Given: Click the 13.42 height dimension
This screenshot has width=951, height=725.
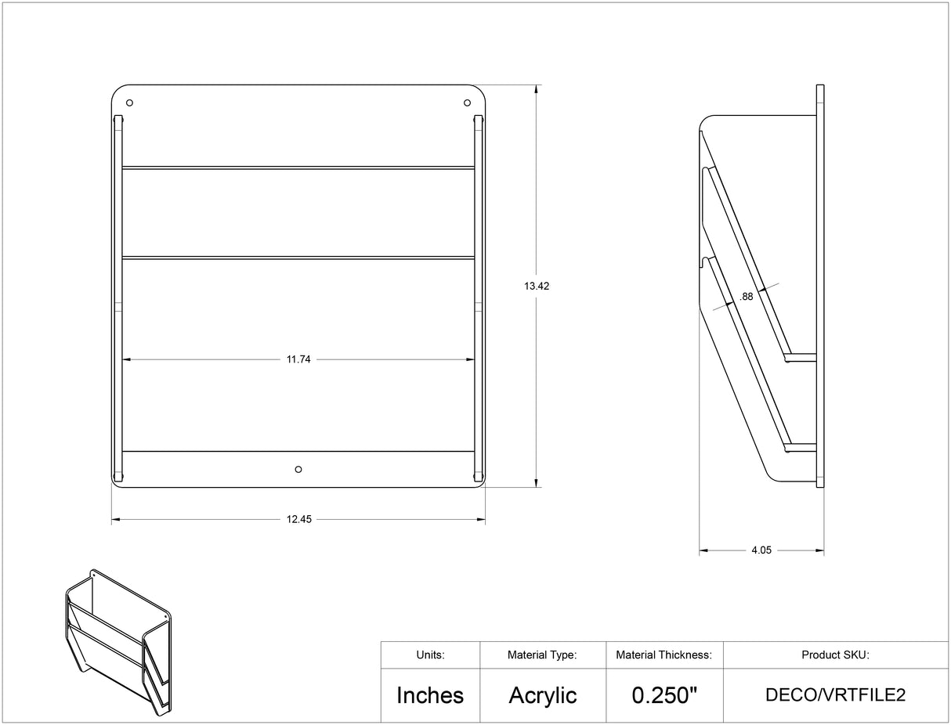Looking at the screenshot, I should click(537, 287).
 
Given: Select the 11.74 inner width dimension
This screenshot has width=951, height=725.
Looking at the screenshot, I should click(298, 359).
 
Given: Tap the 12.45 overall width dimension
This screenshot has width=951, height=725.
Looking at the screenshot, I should click(298, 519).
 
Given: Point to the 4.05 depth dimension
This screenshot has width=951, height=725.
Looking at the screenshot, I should click(761, 550).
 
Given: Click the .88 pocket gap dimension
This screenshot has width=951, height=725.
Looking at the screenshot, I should click(747, 297).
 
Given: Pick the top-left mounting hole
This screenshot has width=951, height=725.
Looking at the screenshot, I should click(129, 103).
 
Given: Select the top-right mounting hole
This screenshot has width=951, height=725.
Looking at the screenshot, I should click(467, 103).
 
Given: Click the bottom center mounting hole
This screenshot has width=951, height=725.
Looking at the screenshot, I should click(298, 469).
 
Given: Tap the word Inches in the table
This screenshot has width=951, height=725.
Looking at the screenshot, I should click(430, 695).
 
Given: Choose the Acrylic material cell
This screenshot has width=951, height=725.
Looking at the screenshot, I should click(543, 695).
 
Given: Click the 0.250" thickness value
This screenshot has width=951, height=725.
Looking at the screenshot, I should click(664, 695).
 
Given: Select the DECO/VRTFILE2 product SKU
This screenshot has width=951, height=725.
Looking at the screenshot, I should click(835, 695).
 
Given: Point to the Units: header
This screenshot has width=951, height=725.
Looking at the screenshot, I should click(430, 655).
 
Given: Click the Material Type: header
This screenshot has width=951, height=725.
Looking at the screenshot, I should click(542, 655).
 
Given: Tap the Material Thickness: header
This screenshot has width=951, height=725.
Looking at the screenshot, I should click(664, 655).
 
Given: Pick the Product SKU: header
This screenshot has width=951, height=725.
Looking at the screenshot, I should click(835, 655).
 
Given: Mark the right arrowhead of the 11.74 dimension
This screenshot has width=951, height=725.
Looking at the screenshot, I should click(471, 359).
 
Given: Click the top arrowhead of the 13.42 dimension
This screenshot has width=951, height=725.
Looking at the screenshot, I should click(537, 89).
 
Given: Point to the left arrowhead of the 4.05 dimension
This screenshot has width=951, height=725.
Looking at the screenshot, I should click(703, 550).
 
